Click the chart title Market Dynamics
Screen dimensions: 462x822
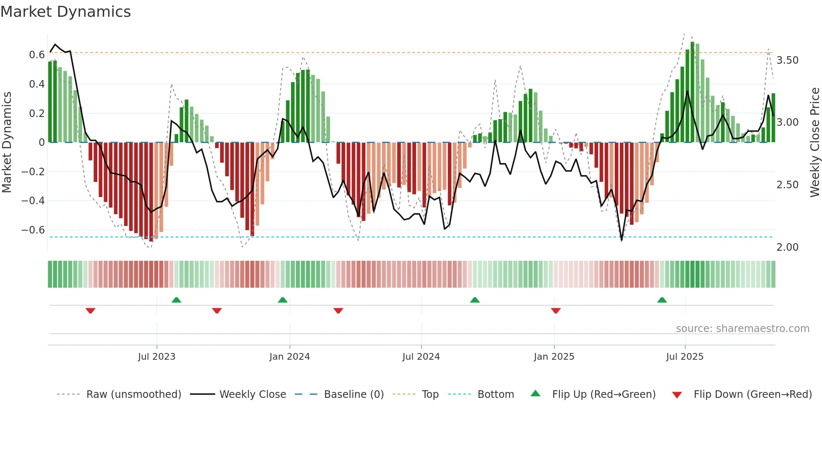pos(65,12)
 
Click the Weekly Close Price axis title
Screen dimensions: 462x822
pos(814,142)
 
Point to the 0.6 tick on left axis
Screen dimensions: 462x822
pos(37,55)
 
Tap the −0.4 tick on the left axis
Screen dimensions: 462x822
pos(33,201)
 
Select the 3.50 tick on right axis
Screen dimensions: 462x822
pos(787,60)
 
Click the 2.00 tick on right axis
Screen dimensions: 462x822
pos(787,247)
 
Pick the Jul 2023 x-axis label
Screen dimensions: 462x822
pos(156,357)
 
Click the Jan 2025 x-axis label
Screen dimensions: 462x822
pos(554,357)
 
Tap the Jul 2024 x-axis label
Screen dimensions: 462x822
pos(421,357)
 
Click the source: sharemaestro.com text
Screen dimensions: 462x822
pos(742,329)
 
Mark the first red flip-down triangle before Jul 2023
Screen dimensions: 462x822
pos(90,311)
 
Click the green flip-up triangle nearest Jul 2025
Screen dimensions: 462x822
pos(662,300)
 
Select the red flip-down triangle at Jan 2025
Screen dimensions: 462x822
pos(556,311)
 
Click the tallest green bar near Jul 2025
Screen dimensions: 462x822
pos(692,92)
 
